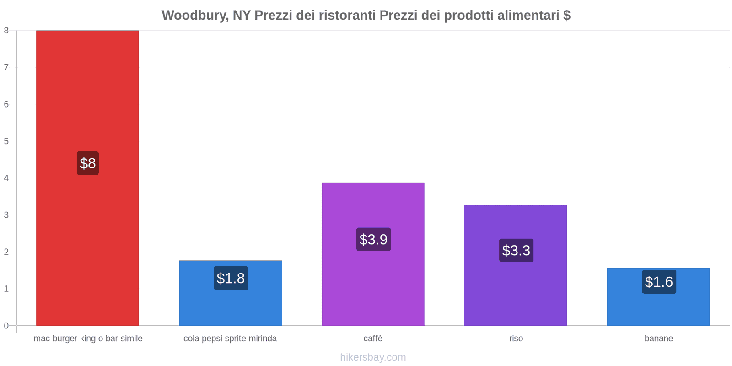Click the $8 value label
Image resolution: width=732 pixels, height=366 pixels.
point(88,163)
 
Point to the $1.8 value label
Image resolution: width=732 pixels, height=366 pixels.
point(231,278)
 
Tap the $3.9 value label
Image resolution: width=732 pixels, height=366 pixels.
point(373,239)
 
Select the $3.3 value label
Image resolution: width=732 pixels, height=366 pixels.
point(516,250)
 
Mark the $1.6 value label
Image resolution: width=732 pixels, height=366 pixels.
point(659,282)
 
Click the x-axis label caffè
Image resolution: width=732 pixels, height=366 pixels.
point(373,339)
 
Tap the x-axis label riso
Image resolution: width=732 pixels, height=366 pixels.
point(516,339)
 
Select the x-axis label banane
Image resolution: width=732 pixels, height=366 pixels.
point(658,339)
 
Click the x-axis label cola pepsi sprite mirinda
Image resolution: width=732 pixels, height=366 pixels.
point(230,339)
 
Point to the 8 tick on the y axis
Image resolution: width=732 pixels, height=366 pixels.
point(6,31)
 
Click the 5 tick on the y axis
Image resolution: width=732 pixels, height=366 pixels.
point(6,141)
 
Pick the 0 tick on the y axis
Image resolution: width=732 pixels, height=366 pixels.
point(6,326)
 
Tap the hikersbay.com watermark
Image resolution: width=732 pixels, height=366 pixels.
point(373,357)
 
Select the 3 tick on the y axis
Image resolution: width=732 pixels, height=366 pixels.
point(6,215)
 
